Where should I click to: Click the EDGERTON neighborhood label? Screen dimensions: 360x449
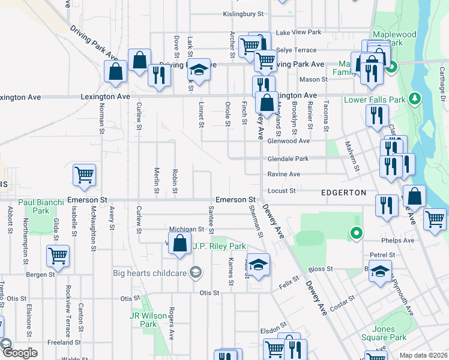[x=343, y=193]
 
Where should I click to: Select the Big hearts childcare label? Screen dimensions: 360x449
[x=151, y=273]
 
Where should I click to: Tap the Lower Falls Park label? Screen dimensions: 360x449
[x=375, y=99]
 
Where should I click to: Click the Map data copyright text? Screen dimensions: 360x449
[x=423, y=355]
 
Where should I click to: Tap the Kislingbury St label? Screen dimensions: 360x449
[x=243, y=13]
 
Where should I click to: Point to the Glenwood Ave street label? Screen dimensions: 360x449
[x=288, y=141]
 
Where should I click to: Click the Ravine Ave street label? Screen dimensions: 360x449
[x=283, y=174]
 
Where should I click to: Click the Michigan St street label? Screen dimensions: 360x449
[x=187, y=229]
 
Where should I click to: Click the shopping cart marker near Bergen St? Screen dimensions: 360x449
[x=58, y=256]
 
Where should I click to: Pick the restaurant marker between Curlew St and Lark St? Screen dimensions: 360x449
[x=159, y=76]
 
